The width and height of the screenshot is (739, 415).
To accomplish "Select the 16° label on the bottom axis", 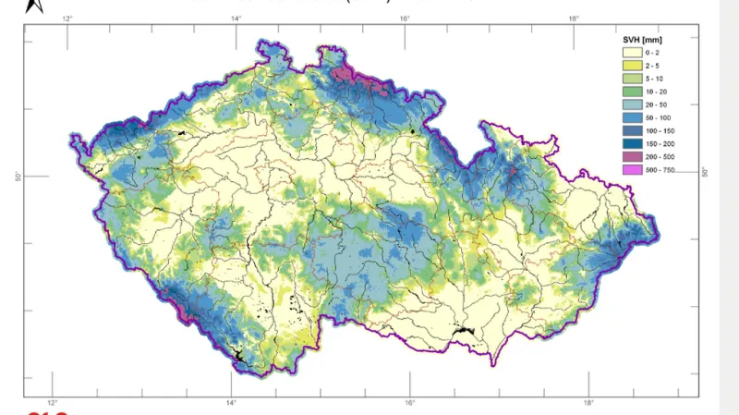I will click(x=409, y=403).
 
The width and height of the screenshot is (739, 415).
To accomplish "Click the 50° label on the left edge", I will click(x=18, y=176).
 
